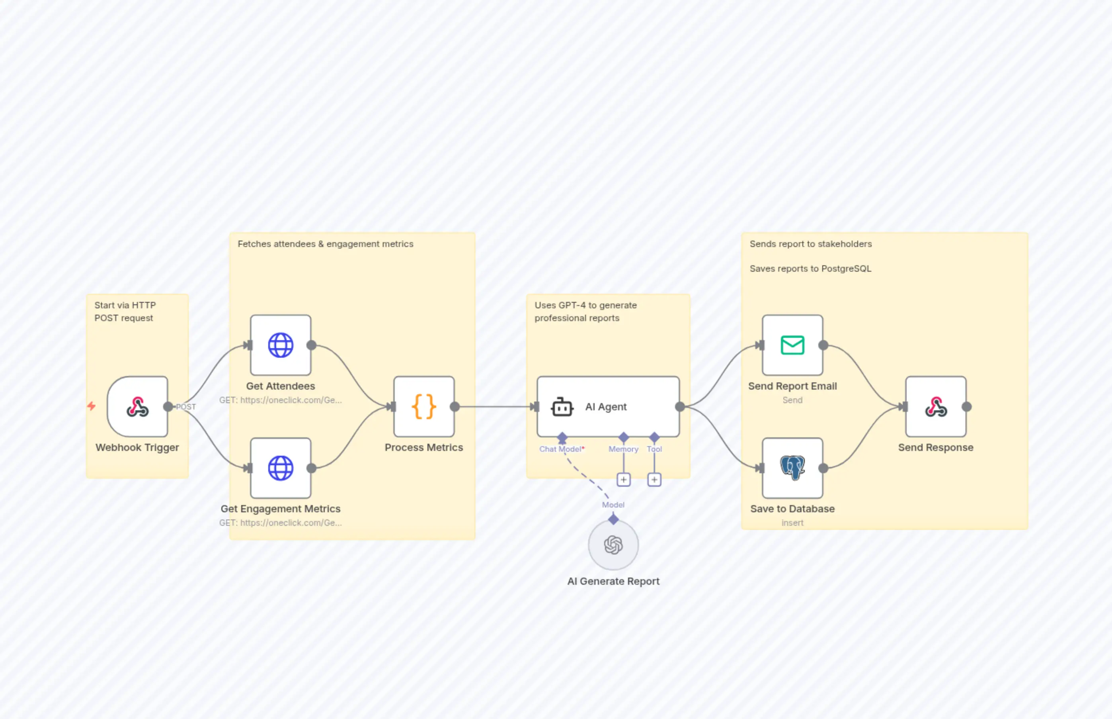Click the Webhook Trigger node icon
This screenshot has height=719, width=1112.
click(x=138, y=407)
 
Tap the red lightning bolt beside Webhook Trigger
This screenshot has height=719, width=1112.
click(x=92, y=406)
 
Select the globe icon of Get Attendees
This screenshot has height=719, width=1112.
click(x=280, y=345)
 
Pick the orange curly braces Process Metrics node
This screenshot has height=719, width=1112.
click(x=423, y=407)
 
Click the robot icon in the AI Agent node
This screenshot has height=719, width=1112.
click(x=562, y=407)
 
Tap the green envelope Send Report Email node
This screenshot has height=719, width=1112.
click(x=792, y=345)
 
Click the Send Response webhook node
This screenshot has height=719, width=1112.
click(x=936, y=407)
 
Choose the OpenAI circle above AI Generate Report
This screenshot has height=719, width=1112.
click(x=613, y=545)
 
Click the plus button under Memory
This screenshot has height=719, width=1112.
click(x=624, y=480)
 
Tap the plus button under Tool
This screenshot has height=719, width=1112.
click(x=654, y=480)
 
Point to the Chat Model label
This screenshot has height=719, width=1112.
click(x=561, y=449)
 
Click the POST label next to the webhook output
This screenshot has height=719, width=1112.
click(x=186, y=407)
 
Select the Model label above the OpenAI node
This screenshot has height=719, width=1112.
click(x=613, y=505)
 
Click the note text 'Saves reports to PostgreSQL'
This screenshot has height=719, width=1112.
click(x=810, y=268)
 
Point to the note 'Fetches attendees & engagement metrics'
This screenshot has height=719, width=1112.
click(x=325, y=244)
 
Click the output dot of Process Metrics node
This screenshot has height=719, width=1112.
click(x=455, y=407)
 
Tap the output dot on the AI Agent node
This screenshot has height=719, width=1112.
click(x=680, y=407)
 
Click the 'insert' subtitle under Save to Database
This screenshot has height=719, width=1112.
click(x=792, y=523)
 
